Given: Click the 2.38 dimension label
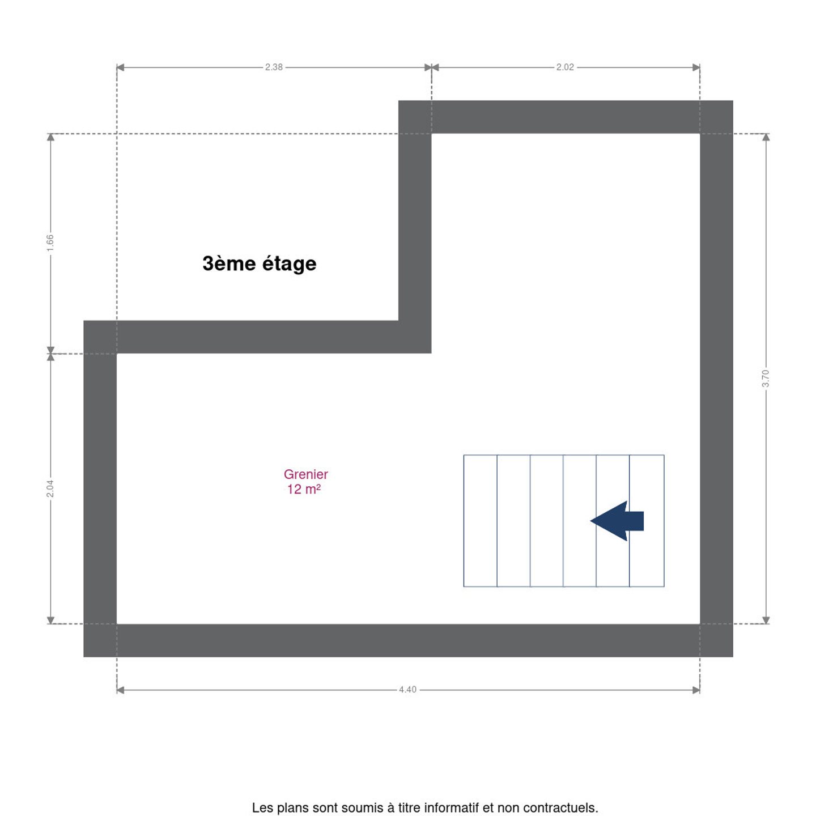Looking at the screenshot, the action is pyautogui.click(x=274, y=67).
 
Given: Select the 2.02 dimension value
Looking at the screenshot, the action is pyautogui.click(x=565, y=67).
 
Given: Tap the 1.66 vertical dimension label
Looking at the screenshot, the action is pyautogui.click(x=50, y=243).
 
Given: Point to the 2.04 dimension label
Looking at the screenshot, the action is pyautogui.click(x=50, y=488).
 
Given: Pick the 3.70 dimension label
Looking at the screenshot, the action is pyautogui.click(x=766, y=378).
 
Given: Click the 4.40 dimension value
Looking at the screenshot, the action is pyautogui.click(x=407, y=690).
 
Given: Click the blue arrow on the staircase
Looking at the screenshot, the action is pyautogui.click(x=617, y=521).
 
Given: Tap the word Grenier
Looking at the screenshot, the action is pyautogui.click(x=306, y=474).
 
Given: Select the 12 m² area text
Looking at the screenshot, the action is pyautogui.click(x=304, y=489).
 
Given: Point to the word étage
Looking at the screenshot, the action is pyautogui.click(x=289, y=264).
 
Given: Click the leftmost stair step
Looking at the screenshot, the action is pyautogui.click(x=480, y=521).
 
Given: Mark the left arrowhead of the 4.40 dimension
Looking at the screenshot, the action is pyautogui.click(x=120, y=690).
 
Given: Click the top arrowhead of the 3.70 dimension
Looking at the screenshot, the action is pyautogui.click(x=766, y=137).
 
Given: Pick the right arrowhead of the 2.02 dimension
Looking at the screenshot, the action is pyautogui.click(x=696, y=67).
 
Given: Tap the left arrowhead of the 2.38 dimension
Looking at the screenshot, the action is pyautogui.click(x=120, y=67).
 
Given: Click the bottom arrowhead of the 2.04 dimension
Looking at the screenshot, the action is pyautogui.click(x=50, y=620).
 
